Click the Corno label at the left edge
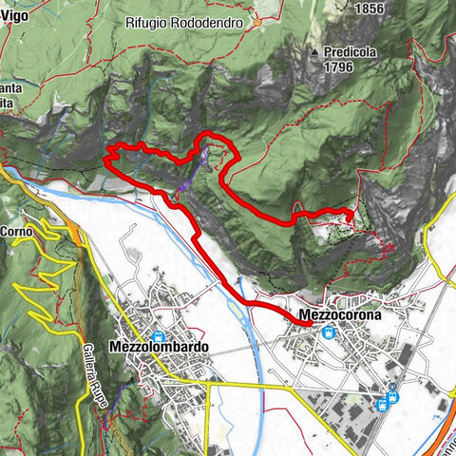[x=16, y=230]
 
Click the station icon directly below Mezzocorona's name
[x=328, y=332]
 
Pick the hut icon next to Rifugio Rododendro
[x=256, y=22]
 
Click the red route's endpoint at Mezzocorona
[x=310, y=324]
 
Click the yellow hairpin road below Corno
[x=38, y=275]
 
